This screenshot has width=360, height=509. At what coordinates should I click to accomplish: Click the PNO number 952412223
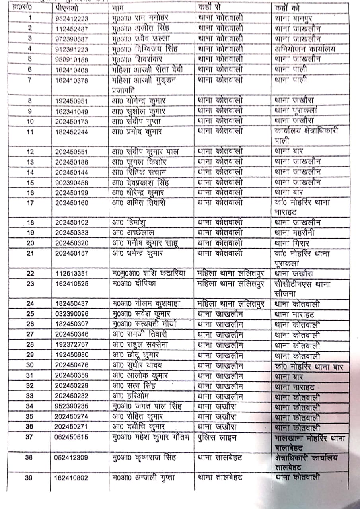tap(72, 18)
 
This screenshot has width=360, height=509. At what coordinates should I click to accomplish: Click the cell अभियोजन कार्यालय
tap(305, 49)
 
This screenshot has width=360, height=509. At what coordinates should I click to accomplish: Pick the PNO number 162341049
tap(72, 111)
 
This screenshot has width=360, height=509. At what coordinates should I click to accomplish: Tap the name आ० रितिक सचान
tap(139, 172)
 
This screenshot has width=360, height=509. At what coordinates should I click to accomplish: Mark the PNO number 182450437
tap(72, 304)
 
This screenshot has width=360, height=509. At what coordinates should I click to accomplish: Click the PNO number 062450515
tap(72, 437)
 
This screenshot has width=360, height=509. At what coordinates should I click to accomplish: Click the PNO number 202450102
tap(72, 223)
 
